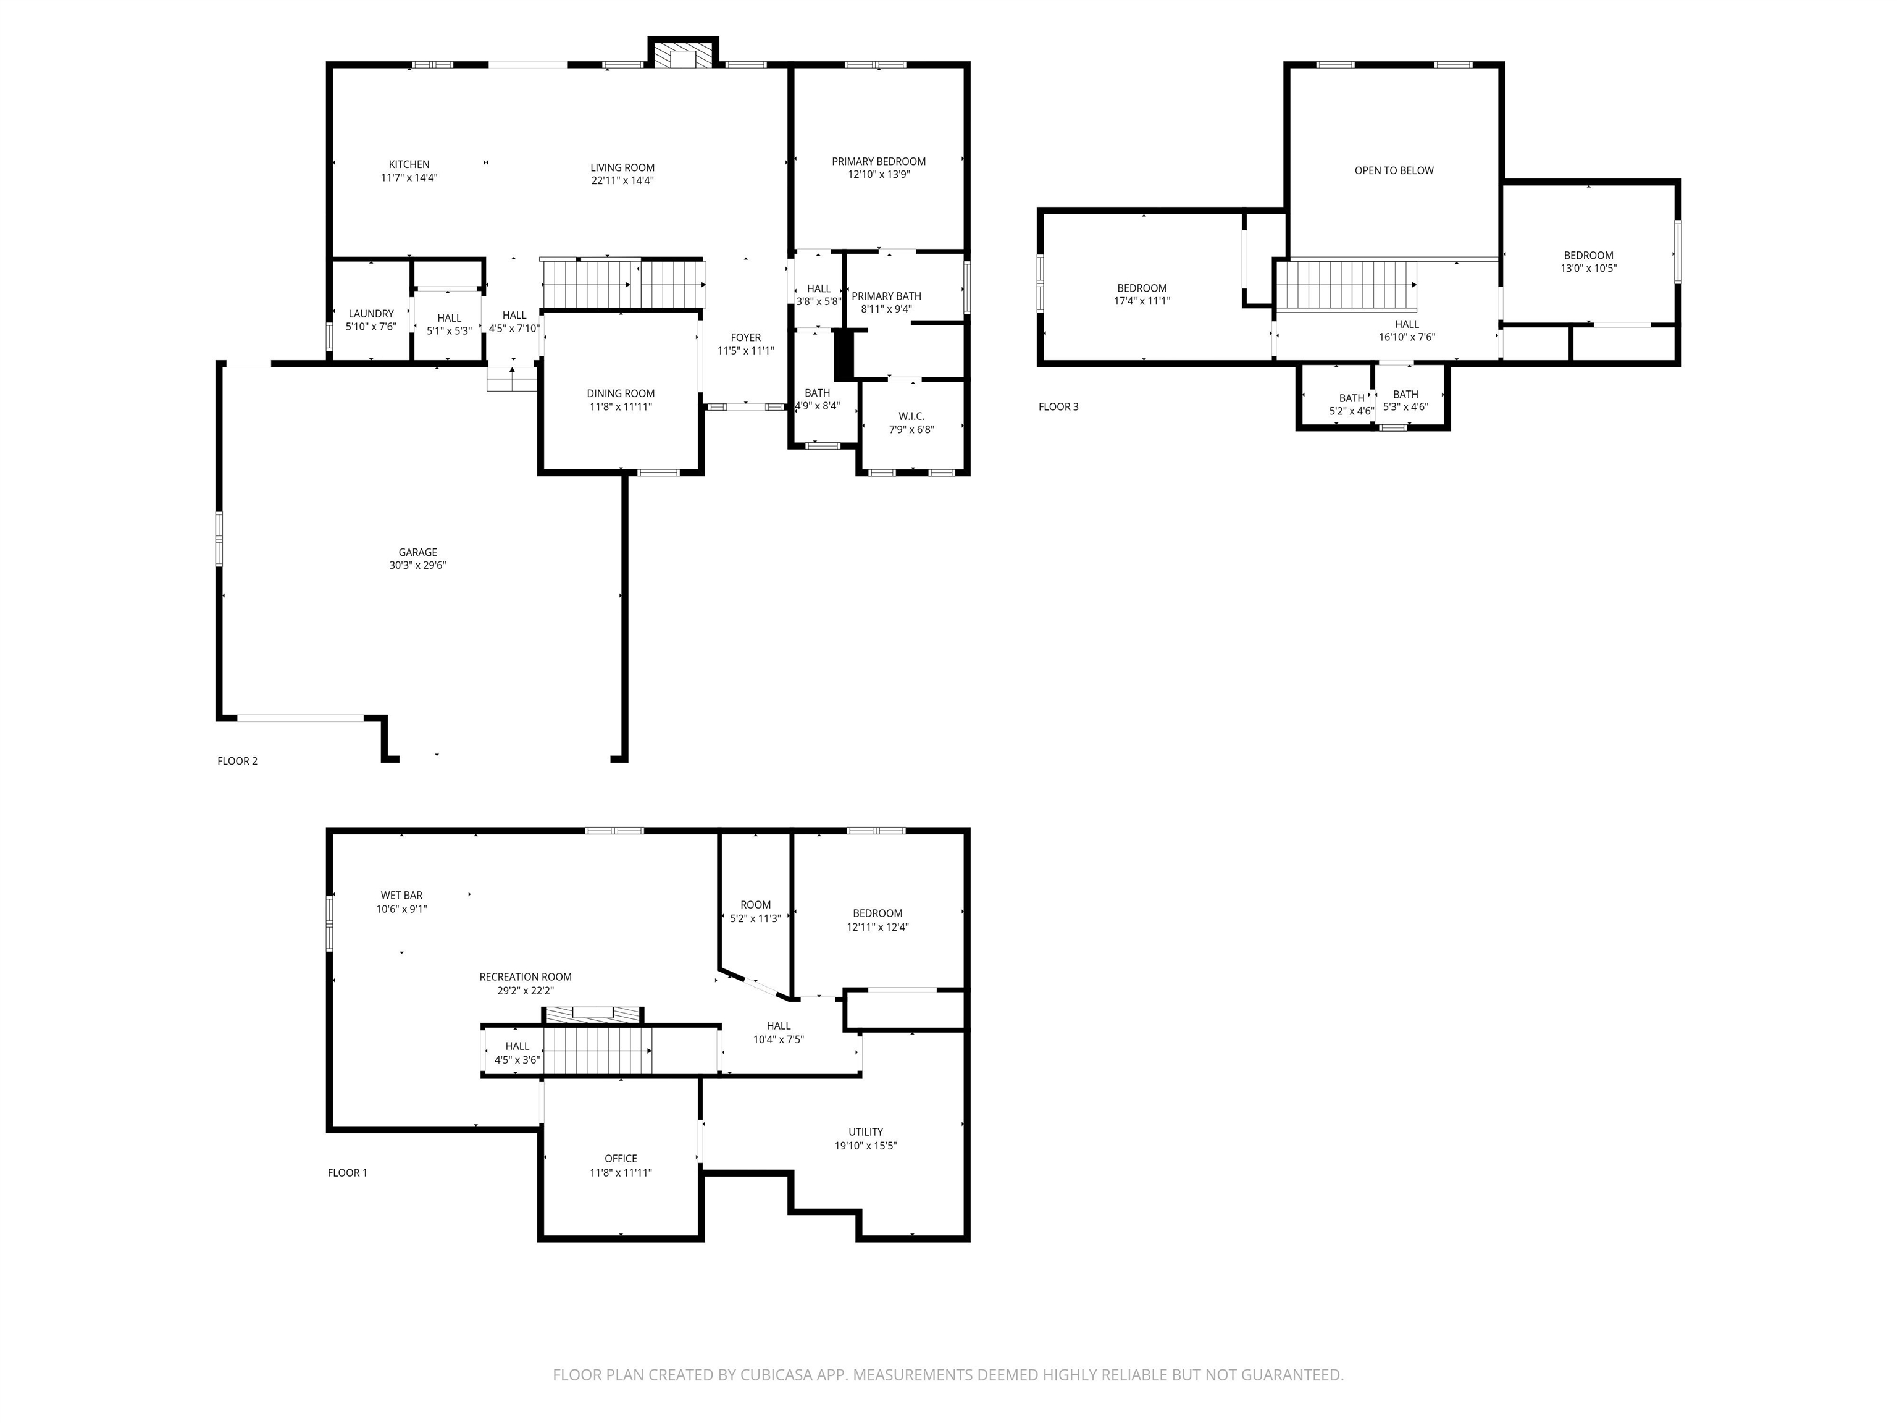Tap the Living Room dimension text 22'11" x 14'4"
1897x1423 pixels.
tap(622, 181)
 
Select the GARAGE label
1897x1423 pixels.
tap(417, 552)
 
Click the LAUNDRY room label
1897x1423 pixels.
tap(371, 314)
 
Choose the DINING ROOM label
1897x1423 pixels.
tap(621, 393)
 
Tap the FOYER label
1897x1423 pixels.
tap(746, 338)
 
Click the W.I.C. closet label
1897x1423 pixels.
tap(911, 416)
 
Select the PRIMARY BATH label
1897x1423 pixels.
tap(887, 296)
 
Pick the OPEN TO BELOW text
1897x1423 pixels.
tap(1394, 170)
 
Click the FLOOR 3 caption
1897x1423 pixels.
tap(1058, 406)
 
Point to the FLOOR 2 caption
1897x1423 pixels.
tap(238, 761)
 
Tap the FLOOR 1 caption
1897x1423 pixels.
tap(347, 1172)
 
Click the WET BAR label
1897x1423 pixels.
tap(401, 896)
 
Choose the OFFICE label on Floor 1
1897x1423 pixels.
tap(621, 1159)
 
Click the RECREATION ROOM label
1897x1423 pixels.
tap(526, 977)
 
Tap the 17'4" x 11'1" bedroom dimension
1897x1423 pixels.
tap(1142, 301)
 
